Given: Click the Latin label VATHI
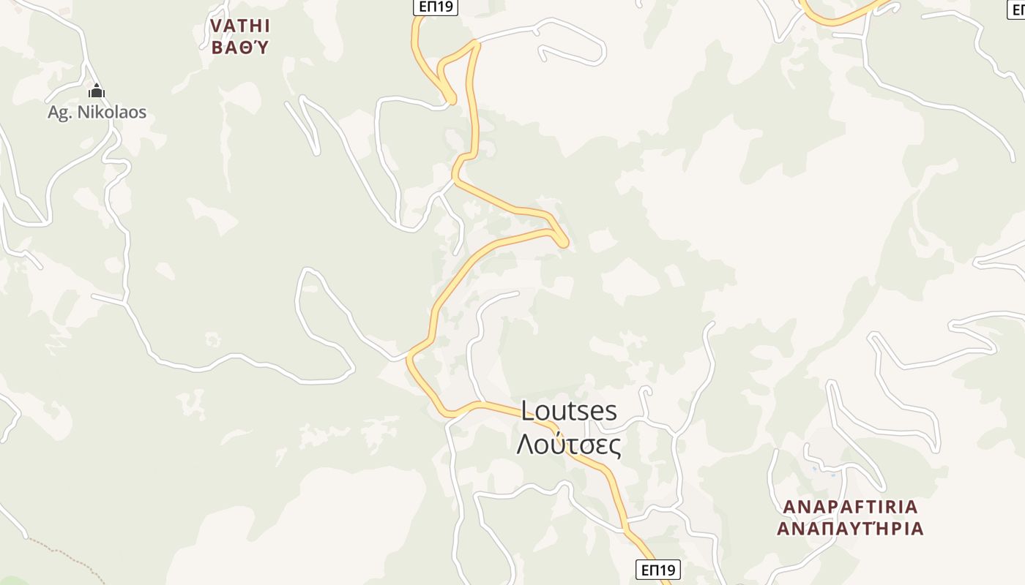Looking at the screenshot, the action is (240, 26).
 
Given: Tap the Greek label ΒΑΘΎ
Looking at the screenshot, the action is (240, 48).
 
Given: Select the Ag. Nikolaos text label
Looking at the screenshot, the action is (97, 113).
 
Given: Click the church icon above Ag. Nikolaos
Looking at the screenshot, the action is (97, 91).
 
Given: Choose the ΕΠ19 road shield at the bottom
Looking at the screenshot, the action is (657, 570).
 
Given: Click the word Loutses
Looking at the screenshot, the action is (569, 411).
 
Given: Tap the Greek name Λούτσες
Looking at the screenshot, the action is (569, 445).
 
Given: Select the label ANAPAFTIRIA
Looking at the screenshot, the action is (850, 507).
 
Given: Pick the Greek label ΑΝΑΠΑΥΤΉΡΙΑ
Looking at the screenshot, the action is (850, 529).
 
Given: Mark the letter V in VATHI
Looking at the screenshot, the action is (216, 26).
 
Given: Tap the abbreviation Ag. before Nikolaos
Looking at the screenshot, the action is (59, 113).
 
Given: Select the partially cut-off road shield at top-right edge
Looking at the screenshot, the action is (1018, 10).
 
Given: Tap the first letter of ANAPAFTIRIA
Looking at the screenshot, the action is (789, 507).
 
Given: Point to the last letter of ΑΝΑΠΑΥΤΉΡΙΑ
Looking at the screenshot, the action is (917, 529).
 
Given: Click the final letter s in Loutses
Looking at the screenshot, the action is (611, 411).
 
